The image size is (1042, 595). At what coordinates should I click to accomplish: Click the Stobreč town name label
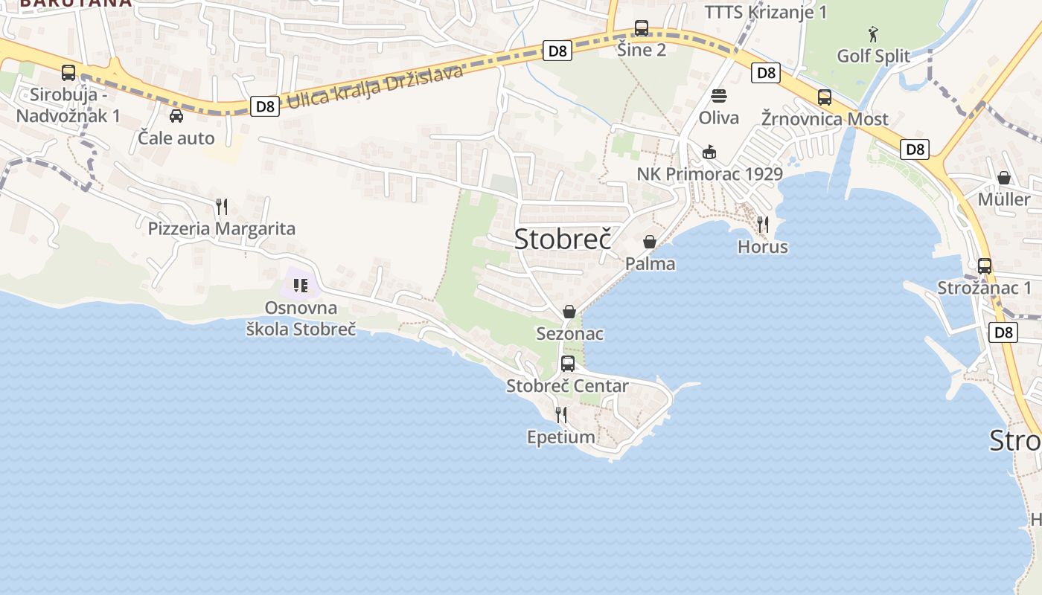tap(563, 239)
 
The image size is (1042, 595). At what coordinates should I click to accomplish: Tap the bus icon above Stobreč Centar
tap(568, 364)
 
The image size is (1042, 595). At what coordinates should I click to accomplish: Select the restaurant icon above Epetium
tap(561, 415)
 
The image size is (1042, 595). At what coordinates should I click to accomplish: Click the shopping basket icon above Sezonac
tap(569, 312)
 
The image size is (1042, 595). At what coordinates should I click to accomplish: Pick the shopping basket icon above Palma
tap(650, 242)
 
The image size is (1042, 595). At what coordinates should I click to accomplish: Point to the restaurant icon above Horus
tap(762, 224)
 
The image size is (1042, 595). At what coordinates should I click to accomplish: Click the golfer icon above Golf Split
tap(873, 34)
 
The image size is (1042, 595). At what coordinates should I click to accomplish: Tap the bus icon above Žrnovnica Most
tap(825, 97)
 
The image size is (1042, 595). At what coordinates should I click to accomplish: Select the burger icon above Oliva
tap(719, 96)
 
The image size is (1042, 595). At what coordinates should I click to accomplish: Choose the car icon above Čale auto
tap(176, 116)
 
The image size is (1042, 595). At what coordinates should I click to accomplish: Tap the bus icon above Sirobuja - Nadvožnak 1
tap(68, 73)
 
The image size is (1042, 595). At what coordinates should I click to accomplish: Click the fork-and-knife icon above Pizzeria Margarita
tap(221, 206)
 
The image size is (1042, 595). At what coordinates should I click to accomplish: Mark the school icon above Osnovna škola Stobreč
tap(301, 286)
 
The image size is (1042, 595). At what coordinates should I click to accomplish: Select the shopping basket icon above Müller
tap(1004, 178)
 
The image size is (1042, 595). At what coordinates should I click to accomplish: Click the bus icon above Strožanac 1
tap(985, 266)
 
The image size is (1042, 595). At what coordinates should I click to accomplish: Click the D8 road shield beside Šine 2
tap(557, 51)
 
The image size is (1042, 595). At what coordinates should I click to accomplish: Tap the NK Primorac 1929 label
tap(710, 174)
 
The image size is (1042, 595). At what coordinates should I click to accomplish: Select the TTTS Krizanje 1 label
tap(766, 12)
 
